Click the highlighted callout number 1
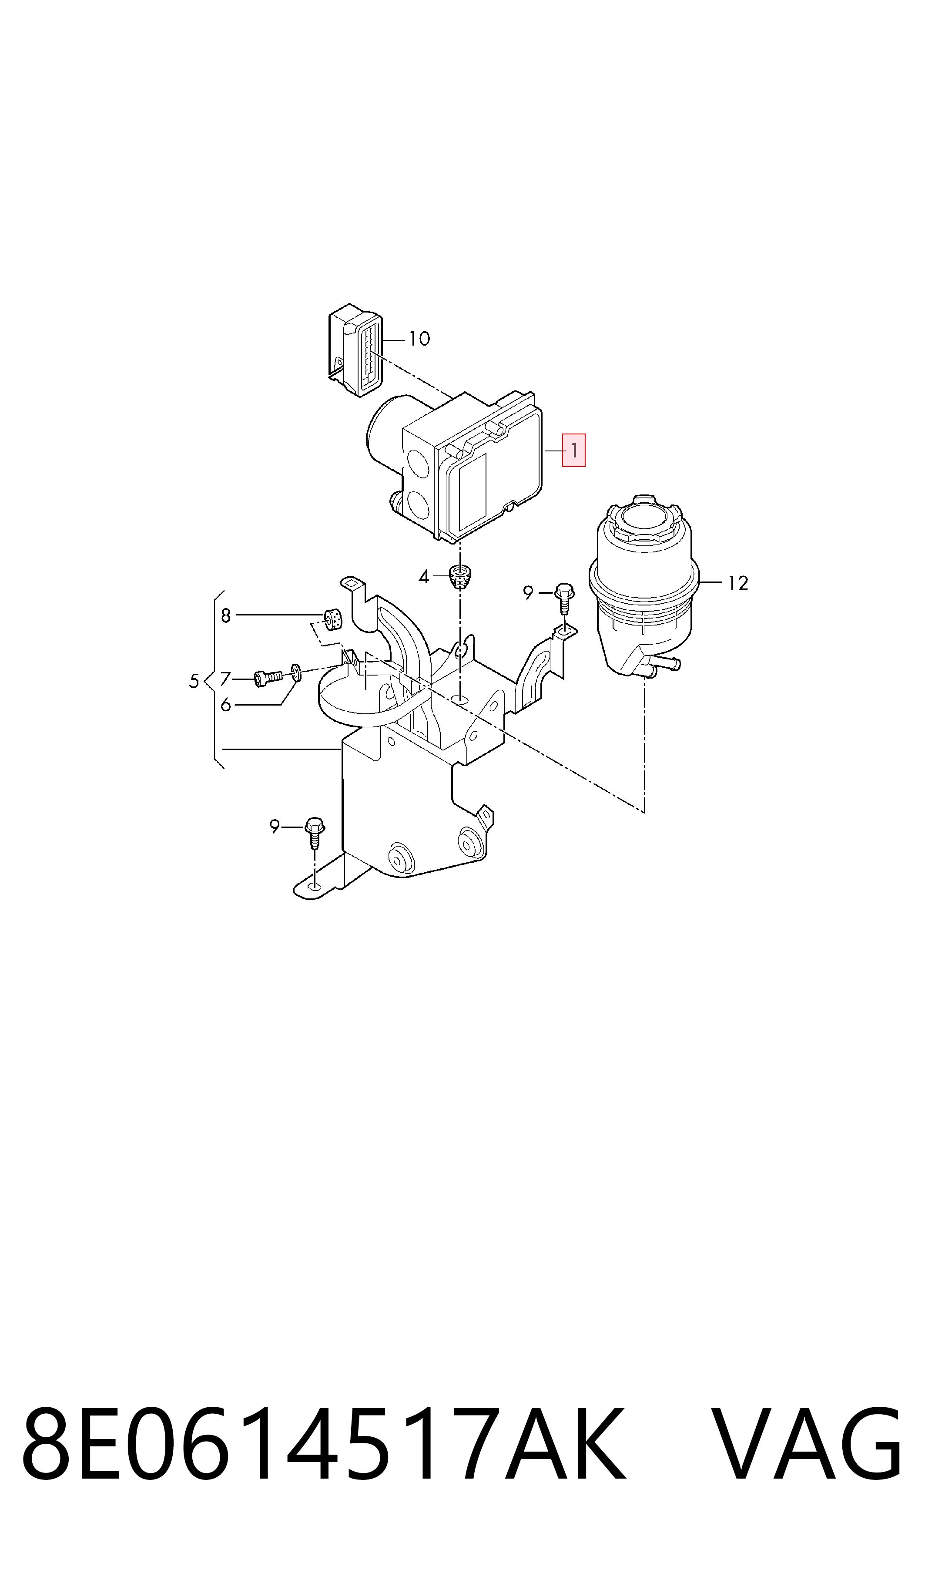pyautogui.click(x=573, y=450)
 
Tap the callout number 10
pyautogui.click(x=419, y=339)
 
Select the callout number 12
pyautogui.click(x=738, y=583)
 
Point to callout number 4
pyautogui.click(x=424, y=577)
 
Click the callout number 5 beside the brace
pyautogui.click(x=194, y=681)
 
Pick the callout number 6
pyautogui.click(x=226, y=705)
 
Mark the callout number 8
pyautogui.click(x=226, y=616)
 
